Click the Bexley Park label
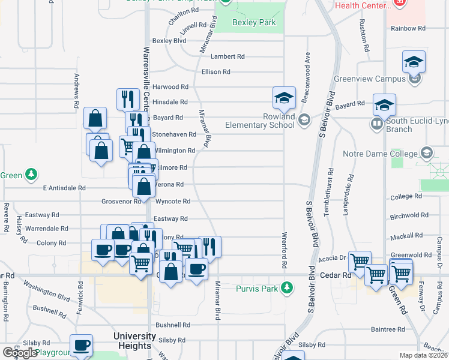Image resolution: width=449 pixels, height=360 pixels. pyautogui.click(x=255, y=23)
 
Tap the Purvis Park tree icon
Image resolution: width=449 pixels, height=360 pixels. pyautogui.click(x=288, y=289)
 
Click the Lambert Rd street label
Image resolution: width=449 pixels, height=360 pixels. pyautogui.click(x=228, y=56)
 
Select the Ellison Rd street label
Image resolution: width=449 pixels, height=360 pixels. pyautogui.click(x=216, y=72)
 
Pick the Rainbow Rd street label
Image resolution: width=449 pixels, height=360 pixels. pyautogui.click(x=408, y=28)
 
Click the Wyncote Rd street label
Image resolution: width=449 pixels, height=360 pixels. pyautogui.click(x=173, y=202)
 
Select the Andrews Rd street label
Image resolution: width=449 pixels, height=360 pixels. pyautogui.click(x=77, y=90)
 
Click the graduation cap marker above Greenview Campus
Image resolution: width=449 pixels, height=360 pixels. pyautogui.click(x=414, y=62)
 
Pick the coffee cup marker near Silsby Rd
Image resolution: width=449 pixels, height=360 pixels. pyautogui.click(x=81, y=346)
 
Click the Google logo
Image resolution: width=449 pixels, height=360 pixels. pyautogui.click(x=20, y=353)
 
